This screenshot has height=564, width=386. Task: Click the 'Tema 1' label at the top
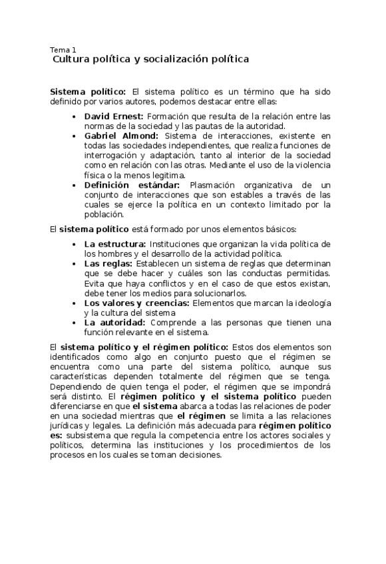[x=63, y=49]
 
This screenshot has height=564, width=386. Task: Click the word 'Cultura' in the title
[x=72, y=59]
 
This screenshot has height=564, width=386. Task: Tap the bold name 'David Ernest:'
[x=109, y=116]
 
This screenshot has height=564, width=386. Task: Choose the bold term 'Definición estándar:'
[x=132, y=185]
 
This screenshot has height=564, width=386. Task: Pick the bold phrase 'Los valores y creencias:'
[x=136, y=303]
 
